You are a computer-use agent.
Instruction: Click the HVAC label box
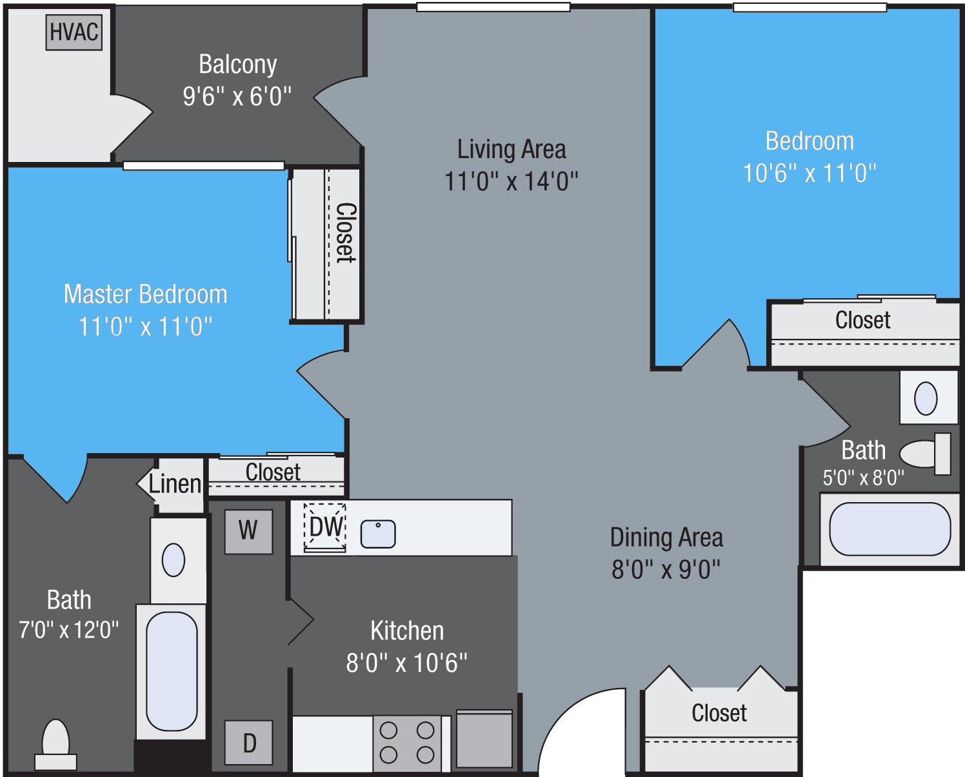[x=74, y=32]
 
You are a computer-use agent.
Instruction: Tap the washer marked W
[x=248, y=531]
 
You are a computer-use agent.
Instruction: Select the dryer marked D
[x=248, y=743]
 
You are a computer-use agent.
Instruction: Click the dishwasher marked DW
[x=325, y=527]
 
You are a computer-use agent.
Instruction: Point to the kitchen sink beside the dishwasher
[x=377, y=534]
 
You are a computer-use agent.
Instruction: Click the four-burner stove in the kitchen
[x=407, y=743]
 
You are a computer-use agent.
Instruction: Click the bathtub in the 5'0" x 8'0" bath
[x=889, y=529]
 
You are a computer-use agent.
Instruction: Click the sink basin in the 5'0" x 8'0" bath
[x=926, y=398]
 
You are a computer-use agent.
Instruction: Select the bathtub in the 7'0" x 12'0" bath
[x=172, y=671]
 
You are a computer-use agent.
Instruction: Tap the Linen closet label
[x=175, y=484]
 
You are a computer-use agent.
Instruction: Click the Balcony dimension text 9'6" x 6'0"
[x=237, y=97]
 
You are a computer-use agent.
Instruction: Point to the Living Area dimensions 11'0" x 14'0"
[x=511, y=181]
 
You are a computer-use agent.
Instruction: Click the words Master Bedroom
[x=145, y=294]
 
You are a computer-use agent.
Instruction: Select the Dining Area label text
[x=666, y=538]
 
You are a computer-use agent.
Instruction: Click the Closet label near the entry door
[x=719, y=713]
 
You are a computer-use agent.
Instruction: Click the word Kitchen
[x=407, y=631]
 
